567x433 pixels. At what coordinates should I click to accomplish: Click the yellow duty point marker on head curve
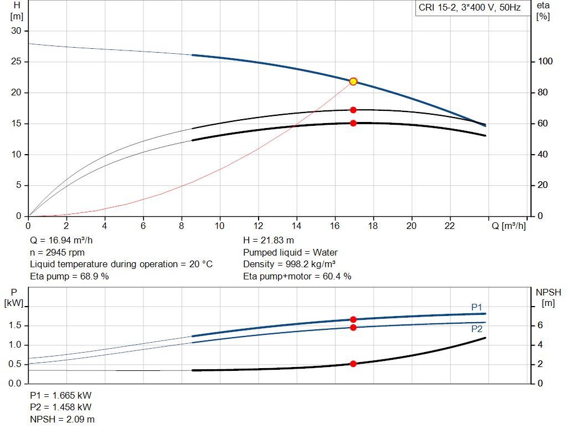point(353,81)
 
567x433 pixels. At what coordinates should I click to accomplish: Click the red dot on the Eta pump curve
point(353,110)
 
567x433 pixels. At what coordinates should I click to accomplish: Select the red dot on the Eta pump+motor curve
point(353,123)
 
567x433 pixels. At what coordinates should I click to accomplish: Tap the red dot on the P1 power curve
point(353,319)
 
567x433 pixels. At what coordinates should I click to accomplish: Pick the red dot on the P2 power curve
point(353,327)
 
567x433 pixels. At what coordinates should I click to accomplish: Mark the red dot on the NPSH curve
point(353,364)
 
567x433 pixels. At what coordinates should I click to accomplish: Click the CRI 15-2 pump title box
point(470,8)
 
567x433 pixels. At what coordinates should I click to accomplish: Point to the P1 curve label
point(477,307)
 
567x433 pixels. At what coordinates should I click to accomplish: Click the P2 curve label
point(477,329)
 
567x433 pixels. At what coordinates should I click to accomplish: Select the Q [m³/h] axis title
point(508,226)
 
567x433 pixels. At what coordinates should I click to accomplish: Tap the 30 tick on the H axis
point(16,31)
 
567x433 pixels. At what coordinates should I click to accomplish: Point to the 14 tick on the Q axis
point(296,226)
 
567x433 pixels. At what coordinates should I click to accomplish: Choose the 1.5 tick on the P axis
point(16,325)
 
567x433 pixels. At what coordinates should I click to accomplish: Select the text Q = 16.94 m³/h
point(62,241)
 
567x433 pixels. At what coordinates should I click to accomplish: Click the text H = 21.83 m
point(269,241)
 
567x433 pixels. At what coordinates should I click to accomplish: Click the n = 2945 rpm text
point(58,252)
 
